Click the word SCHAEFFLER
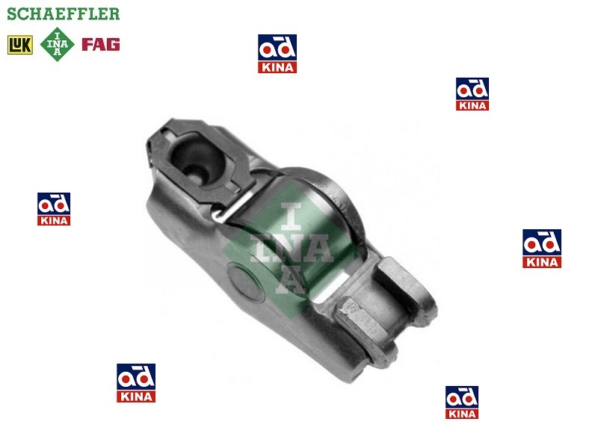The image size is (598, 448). (64, 13)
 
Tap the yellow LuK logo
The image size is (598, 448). (20, 45)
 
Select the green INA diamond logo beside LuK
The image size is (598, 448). (58, 44)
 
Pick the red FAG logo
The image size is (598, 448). (101, 44)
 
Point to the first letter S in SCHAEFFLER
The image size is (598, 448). (12, 13)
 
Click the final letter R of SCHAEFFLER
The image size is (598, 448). (114, 13)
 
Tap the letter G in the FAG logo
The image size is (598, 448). (114, 44)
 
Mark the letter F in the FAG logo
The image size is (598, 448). (87, 44)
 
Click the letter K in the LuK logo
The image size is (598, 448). (26, 45)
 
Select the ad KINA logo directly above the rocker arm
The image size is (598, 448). (277, 54)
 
